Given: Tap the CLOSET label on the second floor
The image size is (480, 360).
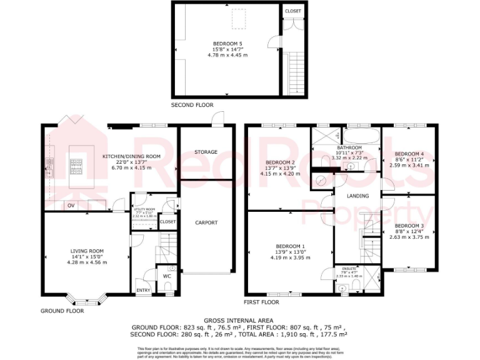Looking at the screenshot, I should tap(292, 11).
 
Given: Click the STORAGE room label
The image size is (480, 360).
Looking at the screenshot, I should tap(206, 152).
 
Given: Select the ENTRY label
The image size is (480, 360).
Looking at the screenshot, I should tap(143, 290).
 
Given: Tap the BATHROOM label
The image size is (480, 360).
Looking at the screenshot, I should tap(347, 147).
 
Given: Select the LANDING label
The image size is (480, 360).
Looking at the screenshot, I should tap(358, 196).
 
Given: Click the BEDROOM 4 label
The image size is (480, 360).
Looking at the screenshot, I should tap(409, 154).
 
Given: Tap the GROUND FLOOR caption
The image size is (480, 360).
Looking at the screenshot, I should tap(62, 310).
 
